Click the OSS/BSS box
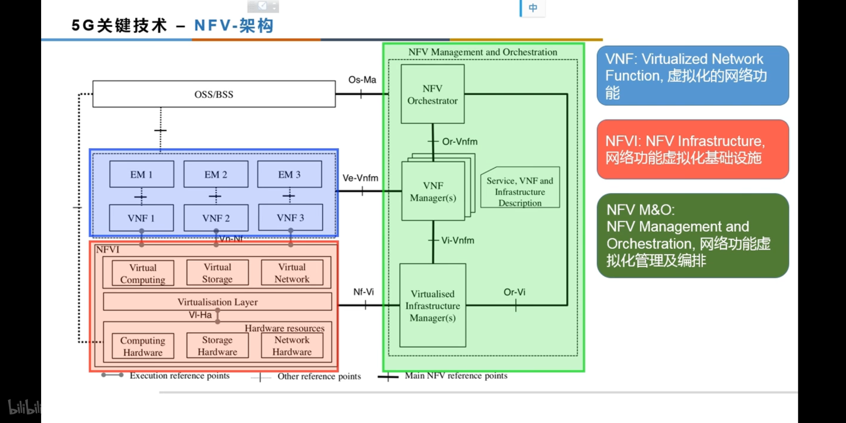pyautogui.click(x=214, y=94)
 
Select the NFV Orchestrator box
pyautogui.click(x=432, y=94)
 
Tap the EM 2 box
pyautogui.click(x=216, y=174)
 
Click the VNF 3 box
pyautogui.click(x=290, y=218)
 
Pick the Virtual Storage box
pyautogui.click(x=217, y=273)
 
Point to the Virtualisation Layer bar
pyautogui.click(x=217, y=302)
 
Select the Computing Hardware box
pyautogui.click(x=143, y=346)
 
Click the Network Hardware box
pyautogui.click(x=292, y=346)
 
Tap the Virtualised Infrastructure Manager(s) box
pyautogui.click(x=432, y=305)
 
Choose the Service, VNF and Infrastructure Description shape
pyautogui.click(x=520, y=192)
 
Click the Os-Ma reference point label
pyautogui.click(x=362, y=80)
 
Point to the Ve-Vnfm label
pyautogui.click(x=360, y=178)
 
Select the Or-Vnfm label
pyautogui.click(x=459, y=142)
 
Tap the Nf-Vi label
pyautogui.click(x=363, y=292)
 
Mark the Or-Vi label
pyautogui.click(x=514, y=292)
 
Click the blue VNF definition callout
pyautogui.click(x=692, y=76)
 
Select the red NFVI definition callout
pyautogui.click(x=692, y=149)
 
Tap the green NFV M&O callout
pyautogui.click(x=692, y=235)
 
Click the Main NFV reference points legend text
pyautogui.click(x=456, y=376)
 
